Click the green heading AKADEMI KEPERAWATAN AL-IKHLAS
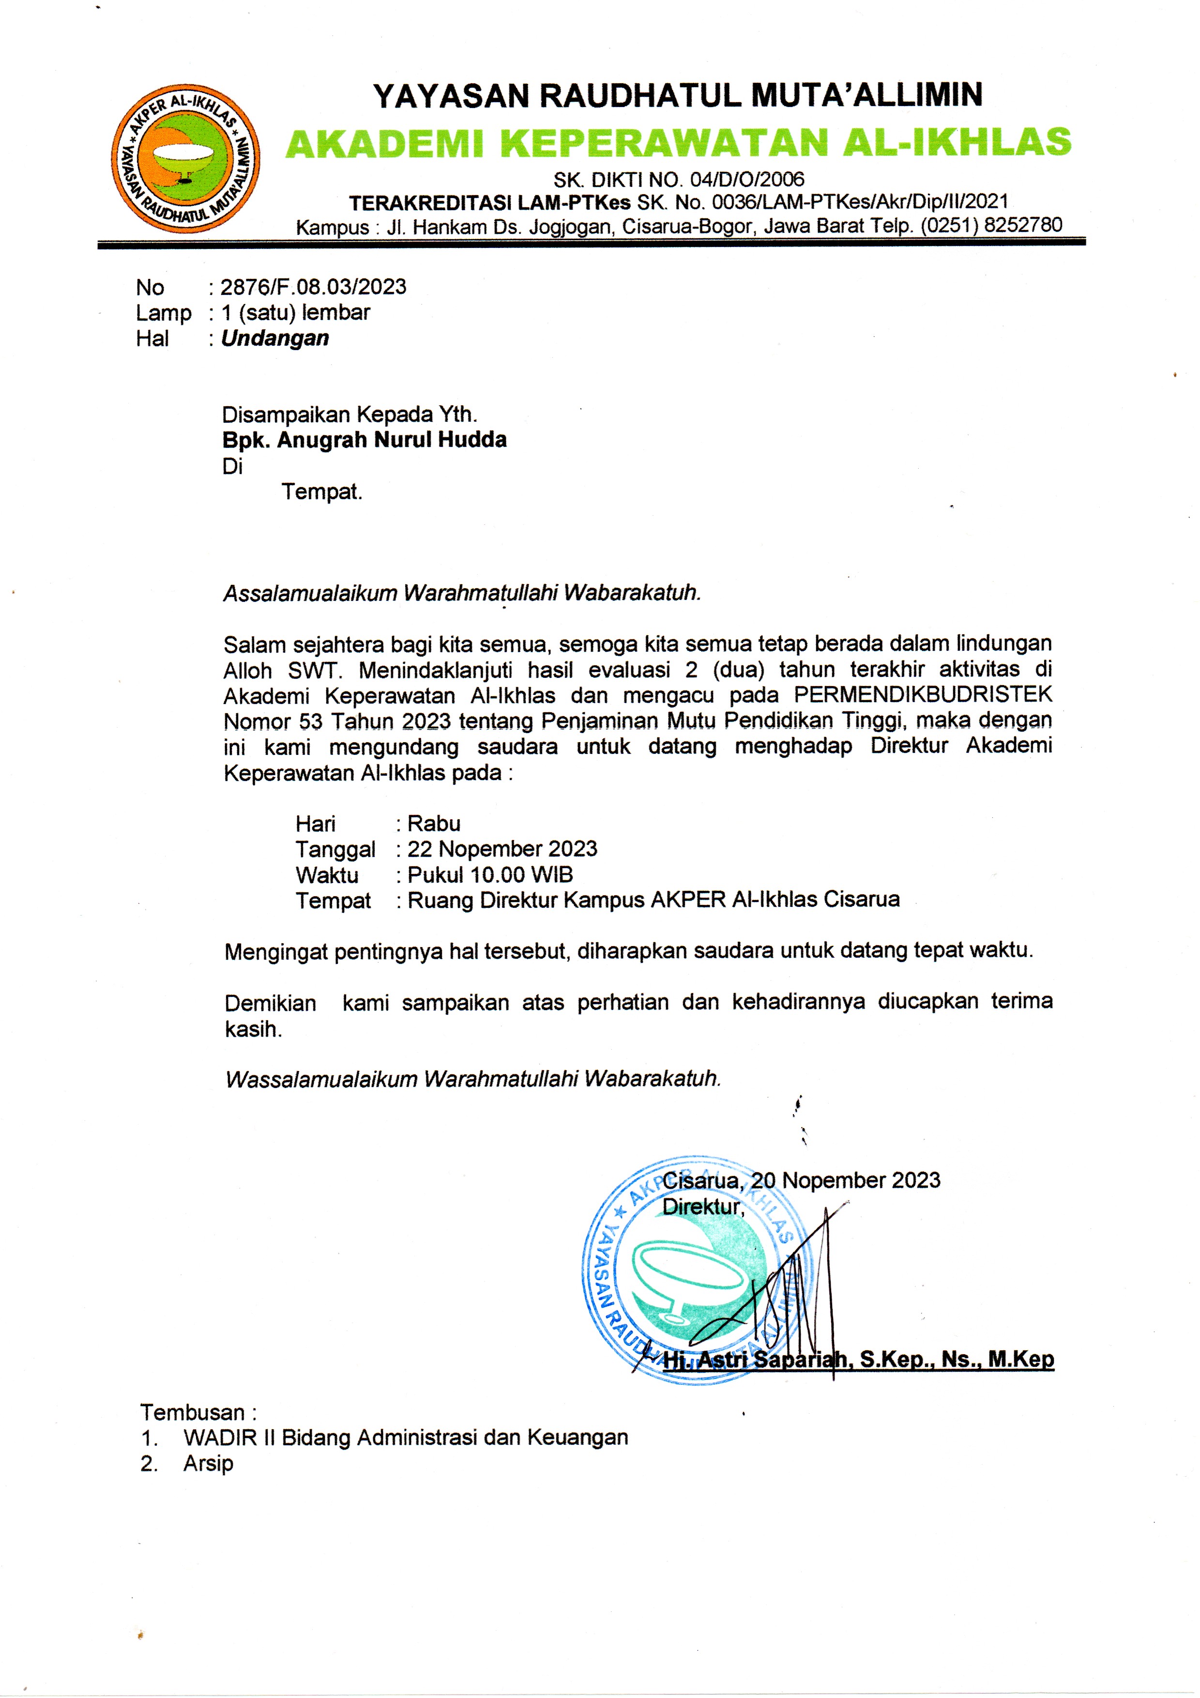(678, 143)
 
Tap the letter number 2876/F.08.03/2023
(314, 287)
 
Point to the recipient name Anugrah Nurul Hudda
(392, 440)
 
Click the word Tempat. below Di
(321, 492)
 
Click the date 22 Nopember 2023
(502, 849)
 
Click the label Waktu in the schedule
(327, 875)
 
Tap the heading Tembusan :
(198, 1412)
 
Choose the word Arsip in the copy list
(209, 1464)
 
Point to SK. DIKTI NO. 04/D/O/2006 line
(679, 179)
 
